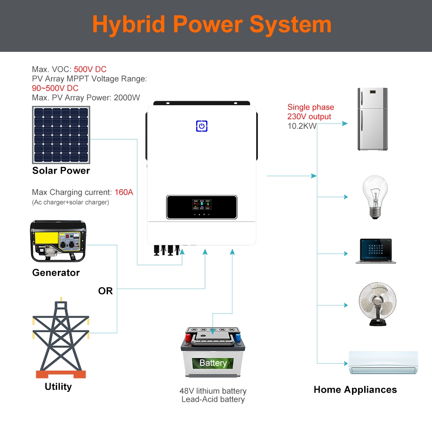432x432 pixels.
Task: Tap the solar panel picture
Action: coord(61,135)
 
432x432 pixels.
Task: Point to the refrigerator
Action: coord(372,119)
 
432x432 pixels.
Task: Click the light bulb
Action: coord(375,197)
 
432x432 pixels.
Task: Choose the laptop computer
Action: coord(376,250)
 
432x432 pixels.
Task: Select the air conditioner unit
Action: coord(383,362)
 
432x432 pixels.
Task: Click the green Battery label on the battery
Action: coord(213,363)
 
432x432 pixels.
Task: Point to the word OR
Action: coord(105,291)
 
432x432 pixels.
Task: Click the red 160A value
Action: coord(124,192)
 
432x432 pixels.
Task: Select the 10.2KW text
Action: coord(302,126)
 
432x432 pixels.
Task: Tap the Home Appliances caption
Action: coord(355,390)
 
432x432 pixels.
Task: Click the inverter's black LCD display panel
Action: coord(202,207)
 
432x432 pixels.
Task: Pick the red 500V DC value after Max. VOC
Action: coord(90,69)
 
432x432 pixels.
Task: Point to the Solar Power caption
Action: coord(61,171)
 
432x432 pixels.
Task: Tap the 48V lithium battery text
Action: coord(213,391)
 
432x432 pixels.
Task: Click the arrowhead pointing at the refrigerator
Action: coord(345,124)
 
